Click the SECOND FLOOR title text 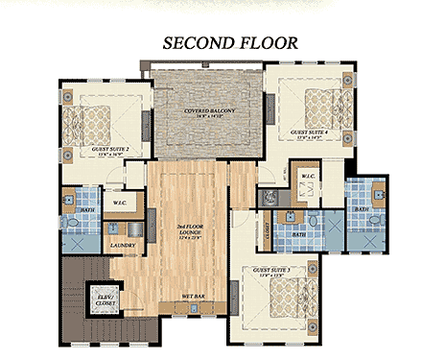tap(230, 43)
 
